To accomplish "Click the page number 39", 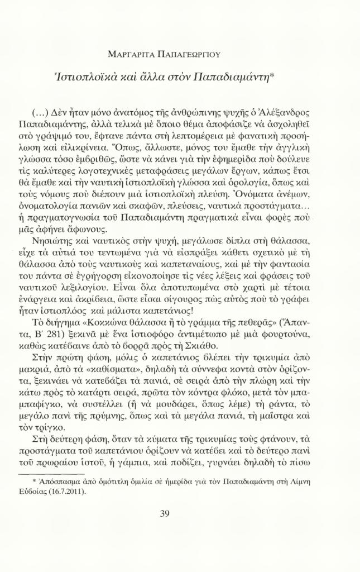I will point(164,514).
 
